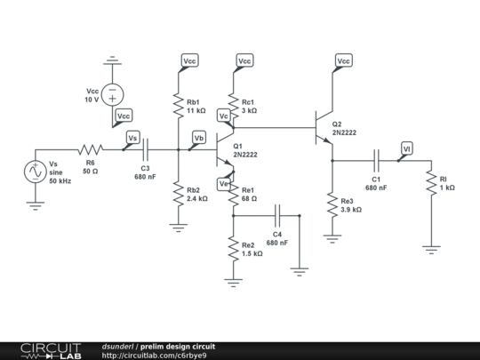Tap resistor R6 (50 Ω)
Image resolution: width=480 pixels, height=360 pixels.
[90, 150]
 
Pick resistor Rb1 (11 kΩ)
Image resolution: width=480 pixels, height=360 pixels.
[179, 105]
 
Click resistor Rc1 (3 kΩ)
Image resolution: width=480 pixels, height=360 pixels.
[234, 105]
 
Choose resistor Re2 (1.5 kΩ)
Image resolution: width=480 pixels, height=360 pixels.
[234, 249]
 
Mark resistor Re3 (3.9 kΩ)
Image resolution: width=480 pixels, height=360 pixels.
[332, 205]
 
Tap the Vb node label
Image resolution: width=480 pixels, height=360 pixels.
[199, 138]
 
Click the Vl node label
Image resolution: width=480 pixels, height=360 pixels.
[406, 148]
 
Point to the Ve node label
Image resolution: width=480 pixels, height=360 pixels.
[224, 183]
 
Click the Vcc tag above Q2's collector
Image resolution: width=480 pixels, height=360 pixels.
[343, 60]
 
